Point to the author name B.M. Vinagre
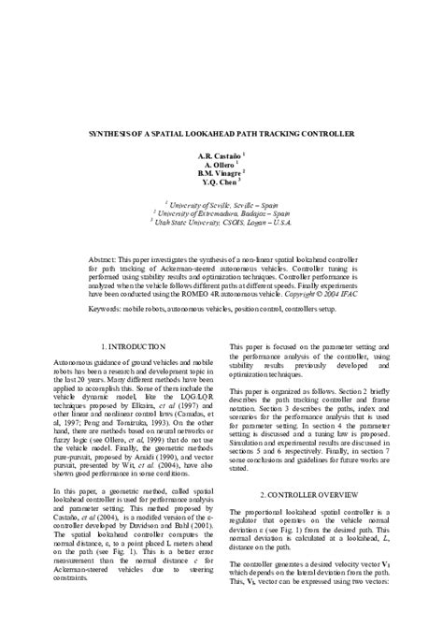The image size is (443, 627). tap(220, 173)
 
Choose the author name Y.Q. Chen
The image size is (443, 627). tap(220, 183)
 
